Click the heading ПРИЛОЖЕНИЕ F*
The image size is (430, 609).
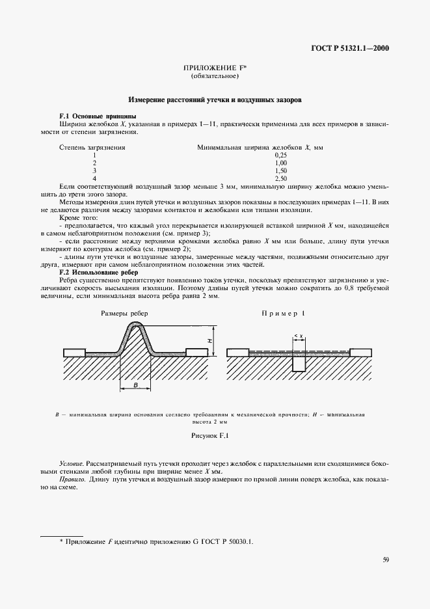pos(215,68)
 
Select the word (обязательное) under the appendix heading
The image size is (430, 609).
pos(215,77)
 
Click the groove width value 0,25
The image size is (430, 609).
pos(280,155)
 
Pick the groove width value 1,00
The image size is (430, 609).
pos(280,163)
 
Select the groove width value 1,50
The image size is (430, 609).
pos(280,170)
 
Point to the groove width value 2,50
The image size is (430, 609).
pos(280,178)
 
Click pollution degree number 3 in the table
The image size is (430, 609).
pos(94,170)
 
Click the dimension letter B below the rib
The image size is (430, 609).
pos(135,385)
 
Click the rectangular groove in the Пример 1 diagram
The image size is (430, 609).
pos(299,362)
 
